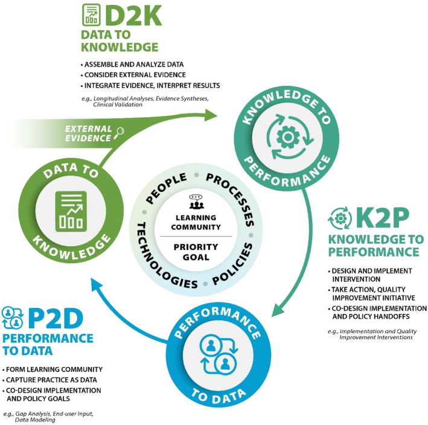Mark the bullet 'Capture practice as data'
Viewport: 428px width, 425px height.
(x=47, y=380)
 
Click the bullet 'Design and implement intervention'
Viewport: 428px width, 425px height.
(x=372, y=274)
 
